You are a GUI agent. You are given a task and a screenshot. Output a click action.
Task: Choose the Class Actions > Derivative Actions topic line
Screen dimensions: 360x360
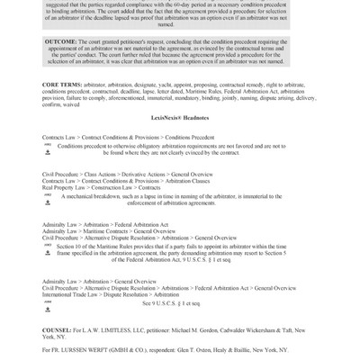click(x=117, y=193)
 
